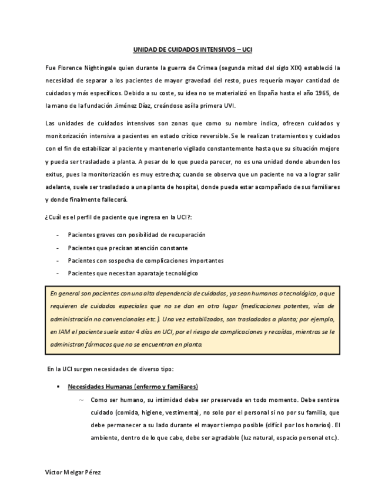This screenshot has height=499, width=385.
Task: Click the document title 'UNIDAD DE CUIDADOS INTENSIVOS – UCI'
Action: pos(192,51)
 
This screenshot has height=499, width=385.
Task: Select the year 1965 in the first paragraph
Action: pos(317,93)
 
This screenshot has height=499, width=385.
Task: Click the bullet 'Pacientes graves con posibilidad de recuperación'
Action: pos(136,234)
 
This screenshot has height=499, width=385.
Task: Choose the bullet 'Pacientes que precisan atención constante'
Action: pos(128,247)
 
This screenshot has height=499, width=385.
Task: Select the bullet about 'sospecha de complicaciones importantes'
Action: pos(145,260)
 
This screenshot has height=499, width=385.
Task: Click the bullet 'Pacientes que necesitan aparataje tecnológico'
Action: pos(133,273)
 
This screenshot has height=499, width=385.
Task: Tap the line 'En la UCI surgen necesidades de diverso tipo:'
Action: pos(110,369)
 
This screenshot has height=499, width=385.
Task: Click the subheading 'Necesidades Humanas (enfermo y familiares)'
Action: pos(133,387)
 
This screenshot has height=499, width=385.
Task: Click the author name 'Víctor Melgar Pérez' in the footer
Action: pos(73,473)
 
